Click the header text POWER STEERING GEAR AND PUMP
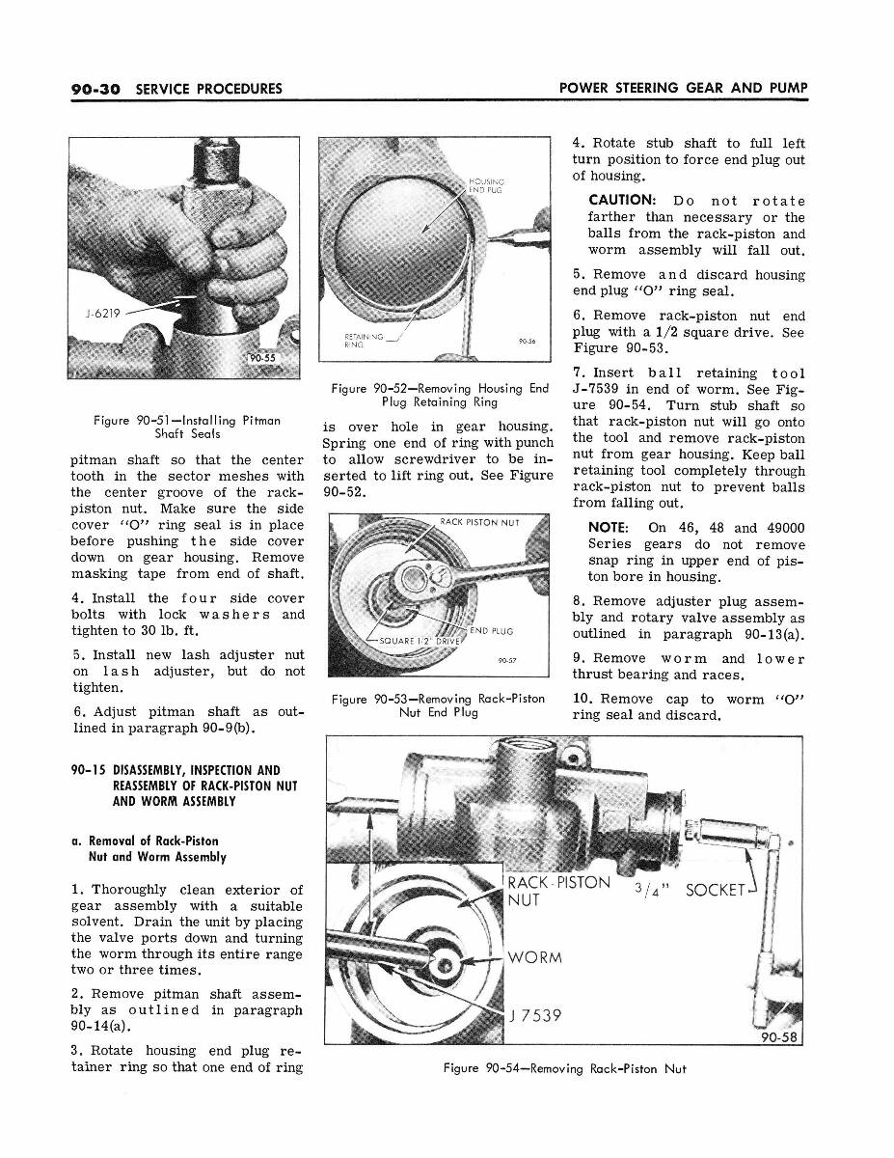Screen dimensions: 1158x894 pos(683,89)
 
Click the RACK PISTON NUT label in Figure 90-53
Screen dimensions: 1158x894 pos(479,523)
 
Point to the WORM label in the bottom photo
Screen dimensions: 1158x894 pos(538,958)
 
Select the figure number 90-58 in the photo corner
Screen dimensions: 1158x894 pos(782,1038)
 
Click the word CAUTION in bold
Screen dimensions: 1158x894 pos(626,201)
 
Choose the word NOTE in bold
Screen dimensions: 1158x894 pos(609,528)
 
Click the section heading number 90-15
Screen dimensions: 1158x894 pos(91,770)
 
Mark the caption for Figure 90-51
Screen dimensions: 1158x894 pos(187,427)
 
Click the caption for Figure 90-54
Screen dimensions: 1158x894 pos(564,1068)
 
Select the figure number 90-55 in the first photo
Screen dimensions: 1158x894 pos(261,359)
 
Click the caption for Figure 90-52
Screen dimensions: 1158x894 pos(439,396)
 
